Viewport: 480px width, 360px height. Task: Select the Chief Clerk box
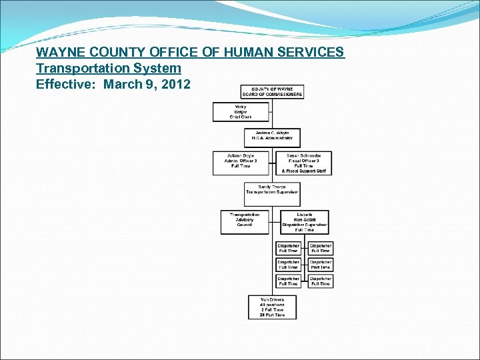pyautogui.click(x=241, y=111)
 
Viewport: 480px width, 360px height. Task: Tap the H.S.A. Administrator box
pyautogui.click(x=272, y=137)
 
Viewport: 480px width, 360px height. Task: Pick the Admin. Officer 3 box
pyautogui.click(x=240, y=161)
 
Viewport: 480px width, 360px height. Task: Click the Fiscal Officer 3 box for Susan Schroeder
pyautogui.click(x=303, y=163)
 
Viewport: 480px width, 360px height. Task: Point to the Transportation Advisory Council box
pyautogui.click(x=244, y=220)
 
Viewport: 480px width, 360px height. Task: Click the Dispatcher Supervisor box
pyautogui.click(x=304, y=222)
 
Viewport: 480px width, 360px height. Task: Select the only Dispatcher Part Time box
pyautogui.click(x=320, y=265)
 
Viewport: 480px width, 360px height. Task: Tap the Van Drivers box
pyautogui.click(x=272, y=307)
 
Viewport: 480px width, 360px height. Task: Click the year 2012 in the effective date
pyautogui.click(x=175, y=85)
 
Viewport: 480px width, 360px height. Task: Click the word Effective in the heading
pyautogui.click(x=65, y=85)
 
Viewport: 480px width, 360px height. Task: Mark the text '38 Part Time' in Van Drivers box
pyautogui.click(x=272, y=315)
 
